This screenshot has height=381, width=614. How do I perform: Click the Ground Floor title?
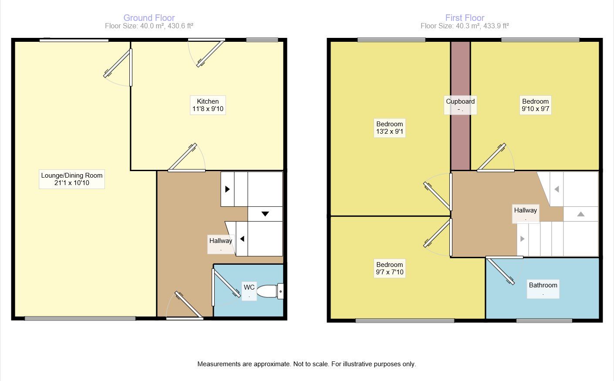coord(149,18)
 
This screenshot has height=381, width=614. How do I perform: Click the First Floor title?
coord(465,18)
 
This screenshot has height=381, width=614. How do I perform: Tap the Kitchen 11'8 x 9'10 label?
coord(208,105)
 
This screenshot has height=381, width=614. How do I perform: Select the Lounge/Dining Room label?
coord(72,179)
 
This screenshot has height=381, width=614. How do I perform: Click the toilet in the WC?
coord(270,291)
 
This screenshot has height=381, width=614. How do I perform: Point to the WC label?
coord(249,290)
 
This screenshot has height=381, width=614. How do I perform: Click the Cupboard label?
coord(460,105)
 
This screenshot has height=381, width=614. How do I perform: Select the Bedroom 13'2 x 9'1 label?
coord(390,128)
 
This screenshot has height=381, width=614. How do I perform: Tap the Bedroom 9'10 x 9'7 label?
coord(536,105)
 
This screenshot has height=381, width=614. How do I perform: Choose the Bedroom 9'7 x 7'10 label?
coord(390,268)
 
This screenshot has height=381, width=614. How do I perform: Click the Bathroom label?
coord(543,288)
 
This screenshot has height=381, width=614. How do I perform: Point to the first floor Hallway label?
coord(526,213)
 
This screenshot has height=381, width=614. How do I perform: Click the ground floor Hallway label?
coord(221,243)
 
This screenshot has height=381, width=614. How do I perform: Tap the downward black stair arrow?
coord(265,214)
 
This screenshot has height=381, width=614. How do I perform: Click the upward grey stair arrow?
coord(580,214)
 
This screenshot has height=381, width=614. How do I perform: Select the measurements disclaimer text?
coord(307,364)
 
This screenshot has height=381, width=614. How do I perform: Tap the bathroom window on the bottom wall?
coord(544,321)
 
